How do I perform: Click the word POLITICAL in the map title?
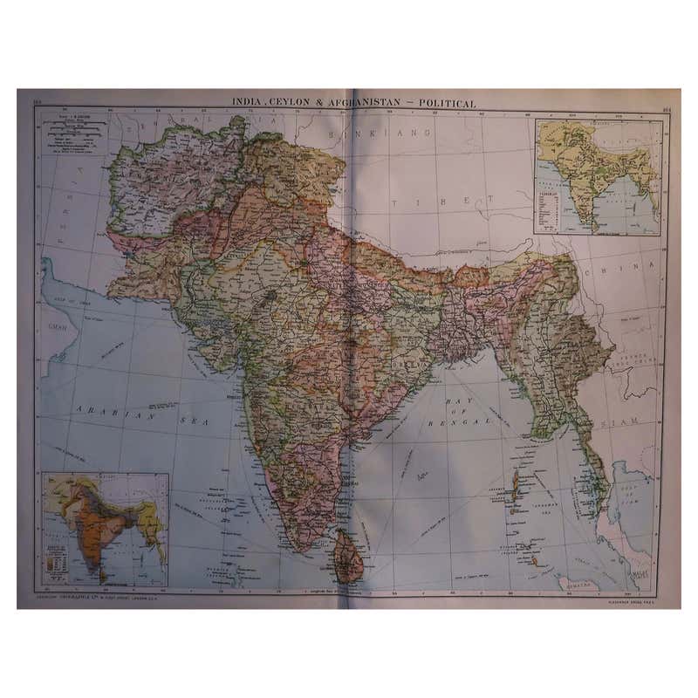[447, 103]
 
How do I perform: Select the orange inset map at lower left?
[106, 529]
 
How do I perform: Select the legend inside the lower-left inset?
[61, 564]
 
